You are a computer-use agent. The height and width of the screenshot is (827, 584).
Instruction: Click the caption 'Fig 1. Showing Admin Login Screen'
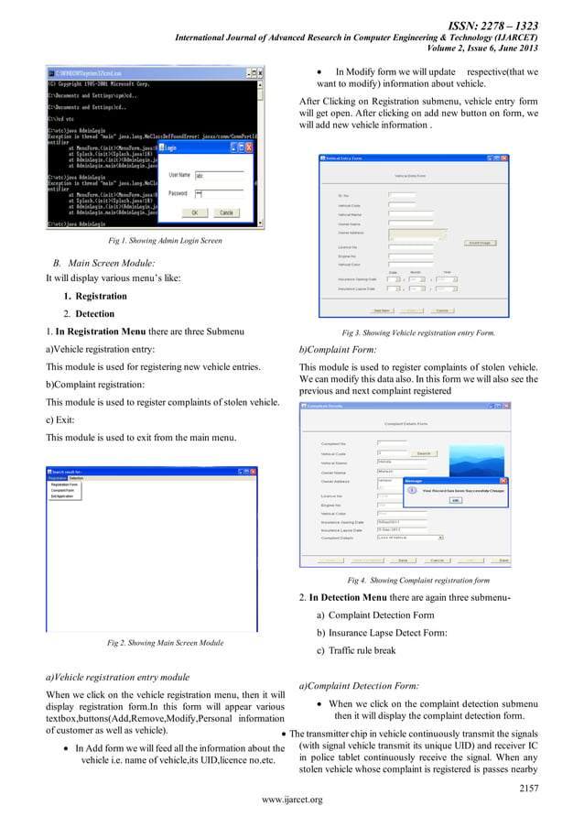pos(165,241)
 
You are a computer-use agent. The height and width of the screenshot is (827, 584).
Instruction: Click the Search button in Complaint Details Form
pos(424,452)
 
